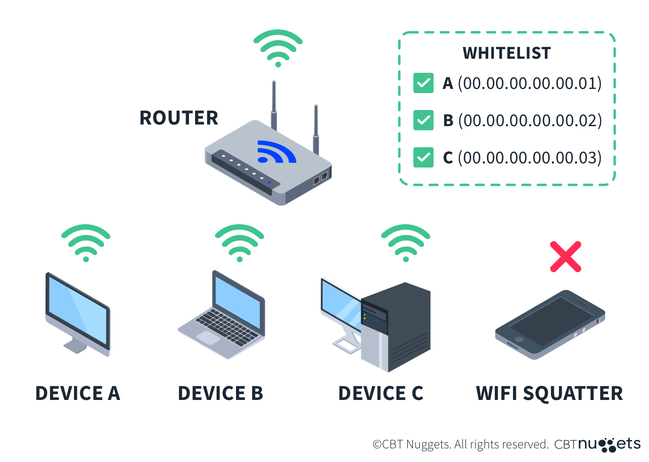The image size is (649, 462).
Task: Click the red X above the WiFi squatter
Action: [565, 256]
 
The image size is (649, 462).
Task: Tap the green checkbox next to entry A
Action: [423, 83]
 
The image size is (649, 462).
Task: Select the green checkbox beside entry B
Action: [423, 120]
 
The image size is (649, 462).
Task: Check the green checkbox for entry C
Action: [423, 158]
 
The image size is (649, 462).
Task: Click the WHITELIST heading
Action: [507, 53]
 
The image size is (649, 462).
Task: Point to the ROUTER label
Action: [179, 118]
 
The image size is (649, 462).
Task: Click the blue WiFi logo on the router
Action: [276, 152]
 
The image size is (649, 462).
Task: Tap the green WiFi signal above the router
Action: [278, 47]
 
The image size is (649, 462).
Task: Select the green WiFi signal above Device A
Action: [86, 242]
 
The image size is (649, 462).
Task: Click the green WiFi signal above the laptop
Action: [239, 242]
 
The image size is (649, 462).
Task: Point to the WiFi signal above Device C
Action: [406, 242]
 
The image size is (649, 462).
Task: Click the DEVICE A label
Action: [78, 393]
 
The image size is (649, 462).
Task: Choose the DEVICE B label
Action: [220, 393]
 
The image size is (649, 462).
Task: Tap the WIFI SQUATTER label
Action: [549, 393]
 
